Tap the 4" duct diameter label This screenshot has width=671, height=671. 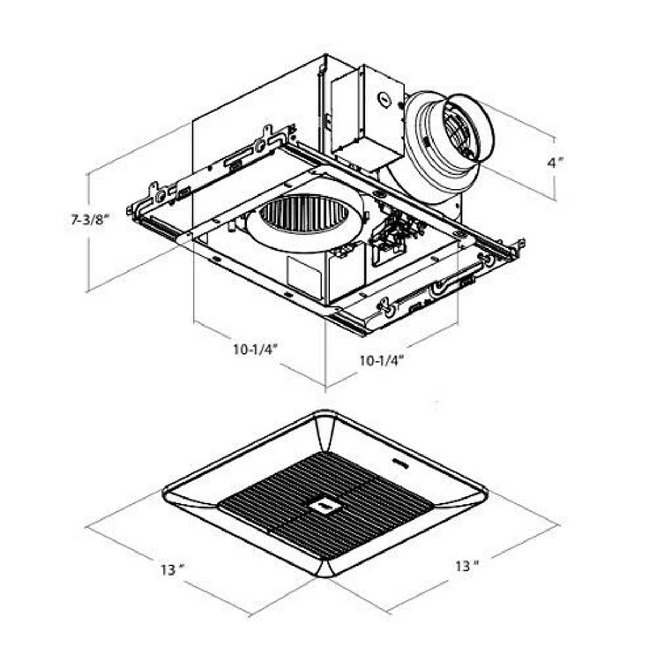click(555, 163)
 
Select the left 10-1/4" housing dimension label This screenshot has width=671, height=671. click(255, 349)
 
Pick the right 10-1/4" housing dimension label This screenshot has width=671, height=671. click(381, 360)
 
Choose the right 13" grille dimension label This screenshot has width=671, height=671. click(467, 566)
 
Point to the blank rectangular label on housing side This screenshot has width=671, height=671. click(304, 274)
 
